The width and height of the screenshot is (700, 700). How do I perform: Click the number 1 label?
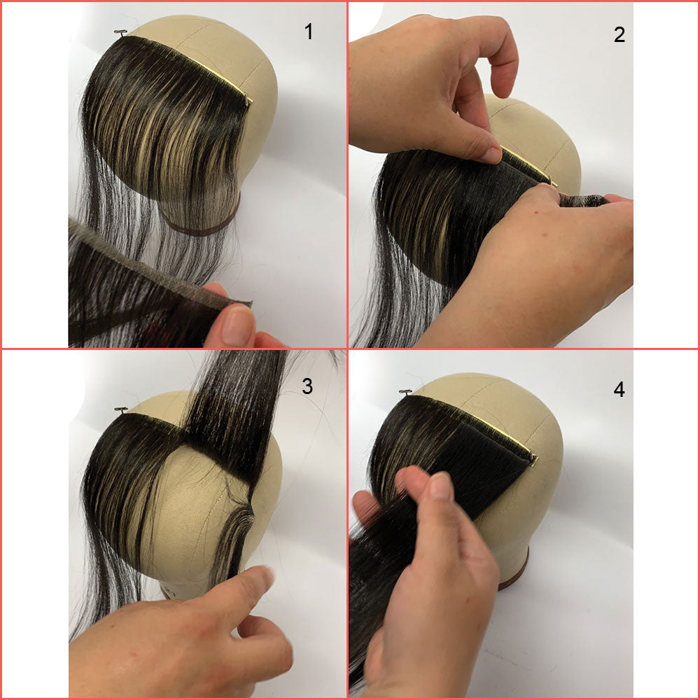pos(309,32)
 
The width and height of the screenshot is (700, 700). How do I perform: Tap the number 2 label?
pos(619,34)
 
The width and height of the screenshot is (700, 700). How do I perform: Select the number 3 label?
pos(307,386)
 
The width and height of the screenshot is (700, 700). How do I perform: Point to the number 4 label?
pos(619,389)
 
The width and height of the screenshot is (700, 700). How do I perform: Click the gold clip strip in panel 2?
pos(528,167)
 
